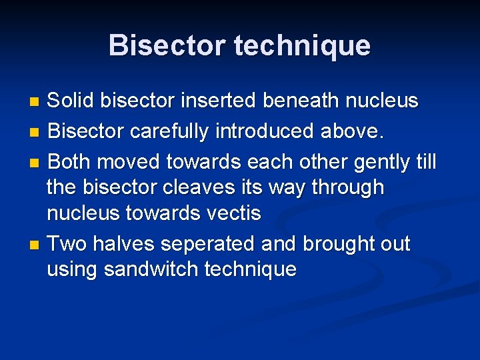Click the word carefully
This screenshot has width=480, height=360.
(170, 132)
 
